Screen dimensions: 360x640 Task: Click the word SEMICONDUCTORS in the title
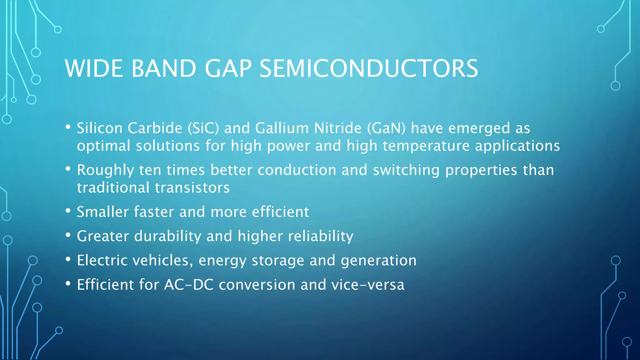pyautogui.click(x=369, y=68)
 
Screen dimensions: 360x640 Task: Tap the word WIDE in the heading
pyautogui.click(x=94, y=68)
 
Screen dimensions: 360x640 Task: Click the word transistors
pyautogui.click(x=192, y=188)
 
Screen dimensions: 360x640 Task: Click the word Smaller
pyautogui.click(x=103, y=212)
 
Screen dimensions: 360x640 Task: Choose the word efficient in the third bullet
pyautogui.click(x=280, y=212)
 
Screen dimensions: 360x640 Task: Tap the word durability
pyautogui.click(x=167, y=236)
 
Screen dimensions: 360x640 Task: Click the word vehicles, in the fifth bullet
pyautogui.click(x=162, y=261)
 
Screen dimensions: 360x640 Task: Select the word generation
pyautogui.click(x=378, y=261)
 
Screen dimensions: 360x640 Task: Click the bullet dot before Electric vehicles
pyautogui.click(x=68, y=259)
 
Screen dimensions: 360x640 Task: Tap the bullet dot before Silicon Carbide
pyautogui.click(x=68, y=127)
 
